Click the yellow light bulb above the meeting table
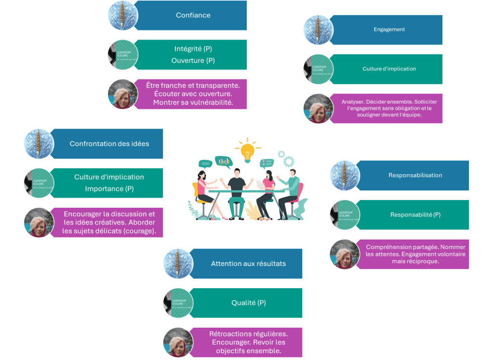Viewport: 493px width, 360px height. point(247,150)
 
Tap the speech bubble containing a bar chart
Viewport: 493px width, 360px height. point(223,161)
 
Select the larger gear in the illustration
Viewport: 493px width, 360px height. point(289,161)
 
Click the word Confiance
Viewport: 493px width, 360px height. point(193,15)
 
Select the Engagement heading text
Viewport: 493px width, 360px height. point(389,29)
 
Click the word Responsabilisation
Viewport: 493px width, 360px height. point(415,175)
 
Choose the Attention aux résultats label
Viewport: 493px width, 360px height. point(248,264)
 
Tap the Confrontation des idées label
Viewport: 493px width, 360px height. point(109,144)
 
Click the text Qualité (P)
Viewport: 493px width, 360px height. point(248,303)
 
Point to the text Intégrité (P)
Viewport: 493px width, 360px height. point(193,49)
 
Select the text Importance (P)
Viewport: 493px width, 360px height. point(109,188)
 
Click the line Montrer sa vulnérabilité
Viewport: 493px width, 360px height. point(193,102)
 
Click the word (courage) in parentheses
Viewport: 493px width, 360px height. point(144,231)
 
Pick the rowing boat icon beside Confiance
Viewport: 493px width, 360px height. point(122,16)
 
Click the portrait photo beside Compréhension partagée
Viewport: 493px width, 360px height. point(345,254)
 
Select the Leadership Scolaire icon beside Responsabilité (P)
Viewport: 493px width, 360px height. point(345,214)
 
